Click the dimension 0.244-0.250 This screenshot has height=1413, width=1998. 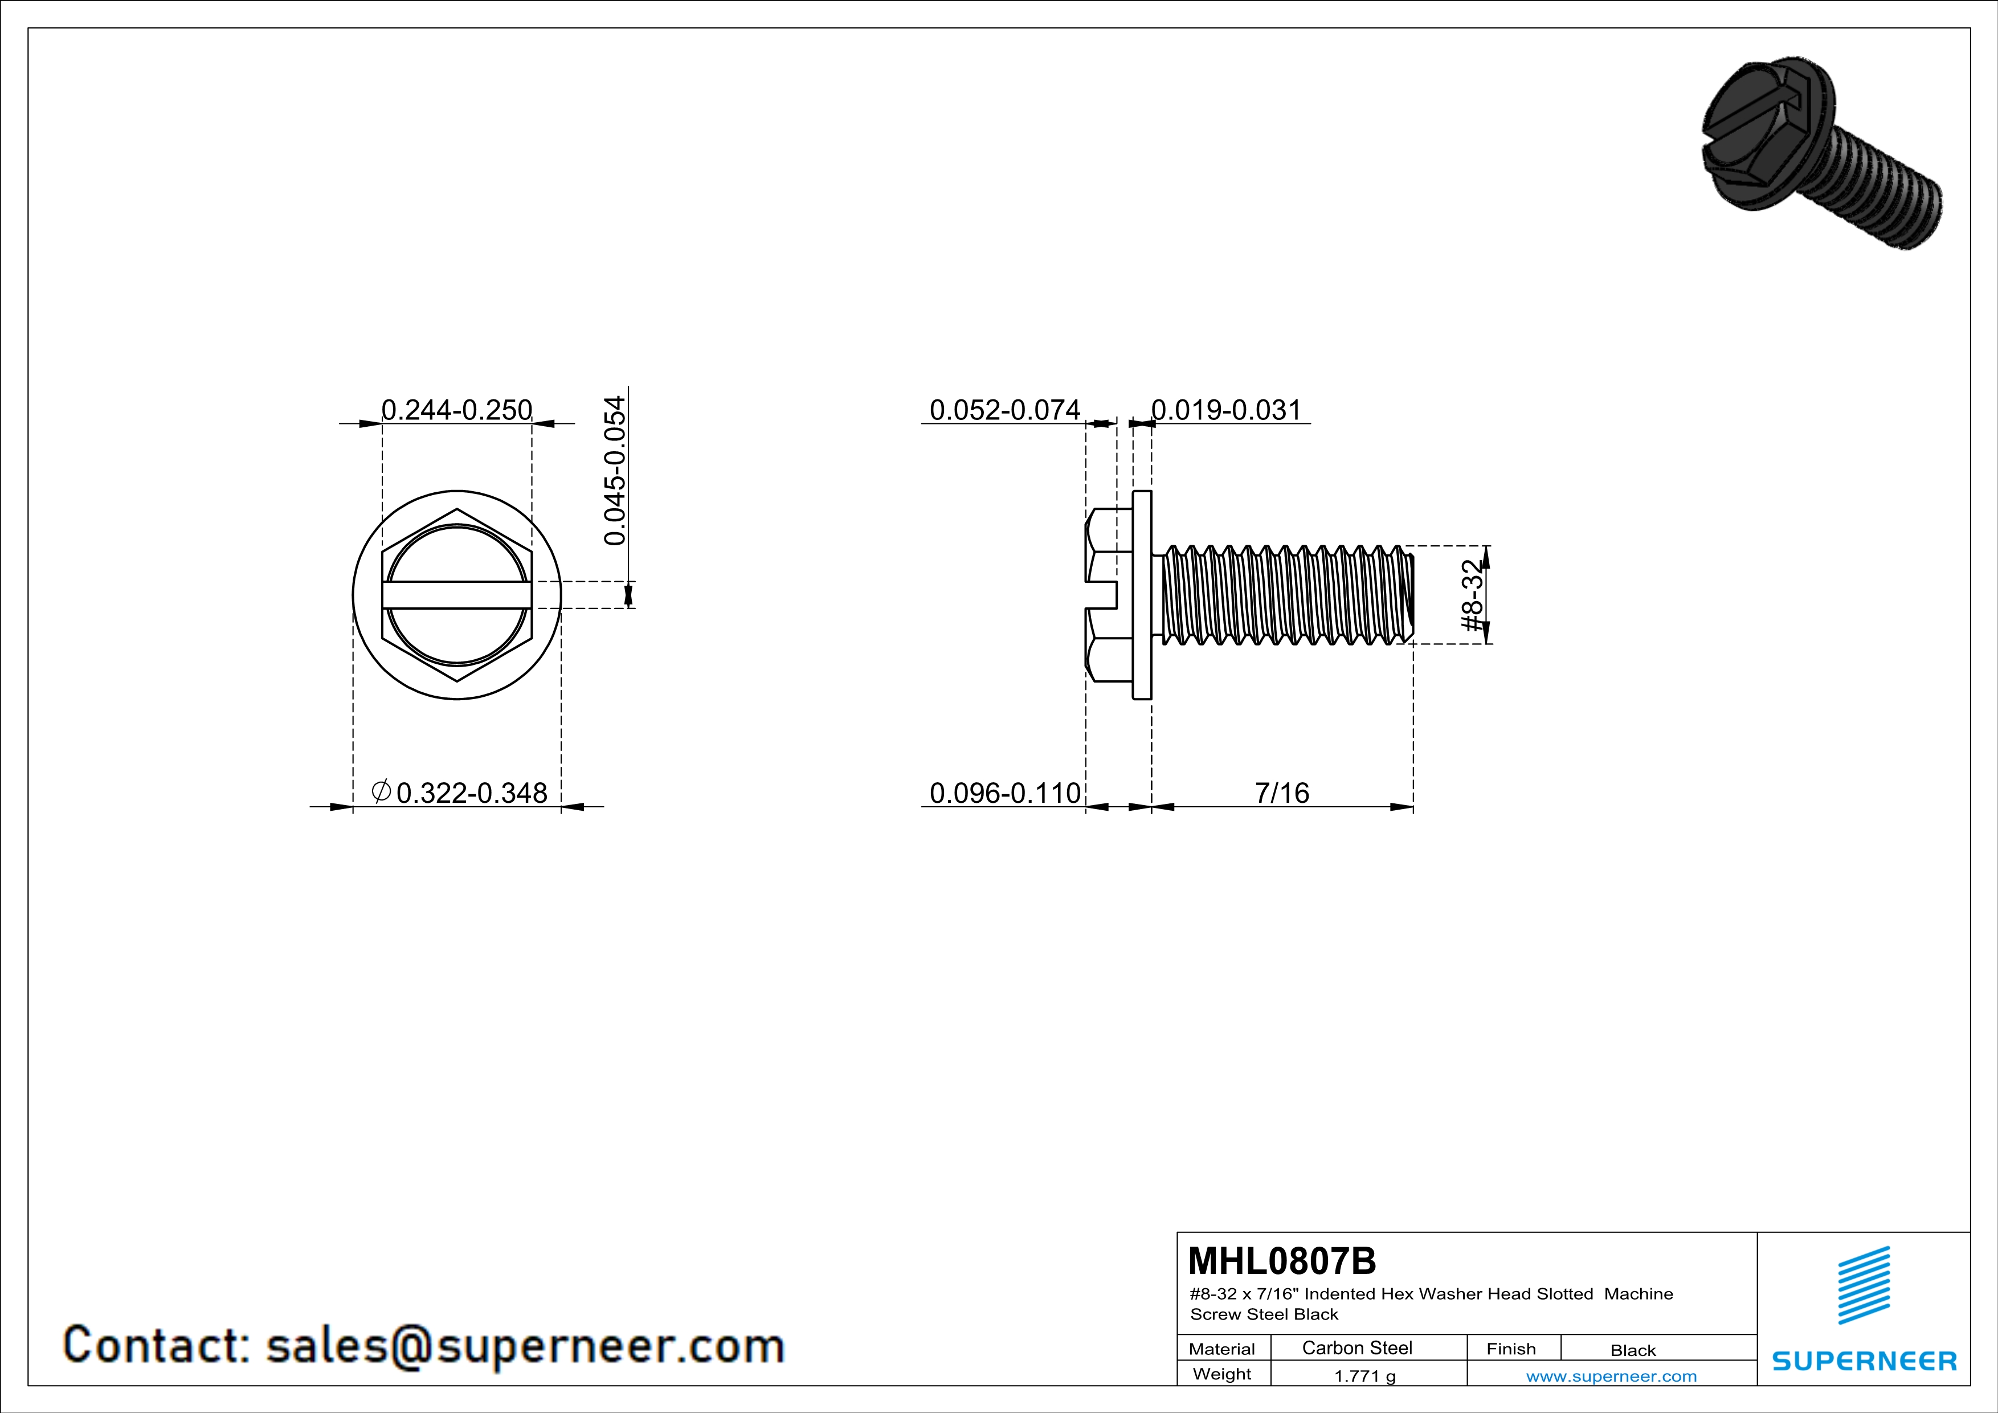(x=457, y=409)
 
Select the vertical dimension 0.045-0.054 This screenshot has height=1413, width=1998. (x=614, y=471)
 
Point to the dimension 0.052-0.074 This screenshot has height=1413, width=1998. (x=1005, y=409)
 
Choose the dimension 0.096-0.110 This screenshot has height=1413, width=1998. (x=1005, y=793)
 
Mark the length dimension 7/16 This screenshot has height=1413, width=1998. (x=1282, y=793)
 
